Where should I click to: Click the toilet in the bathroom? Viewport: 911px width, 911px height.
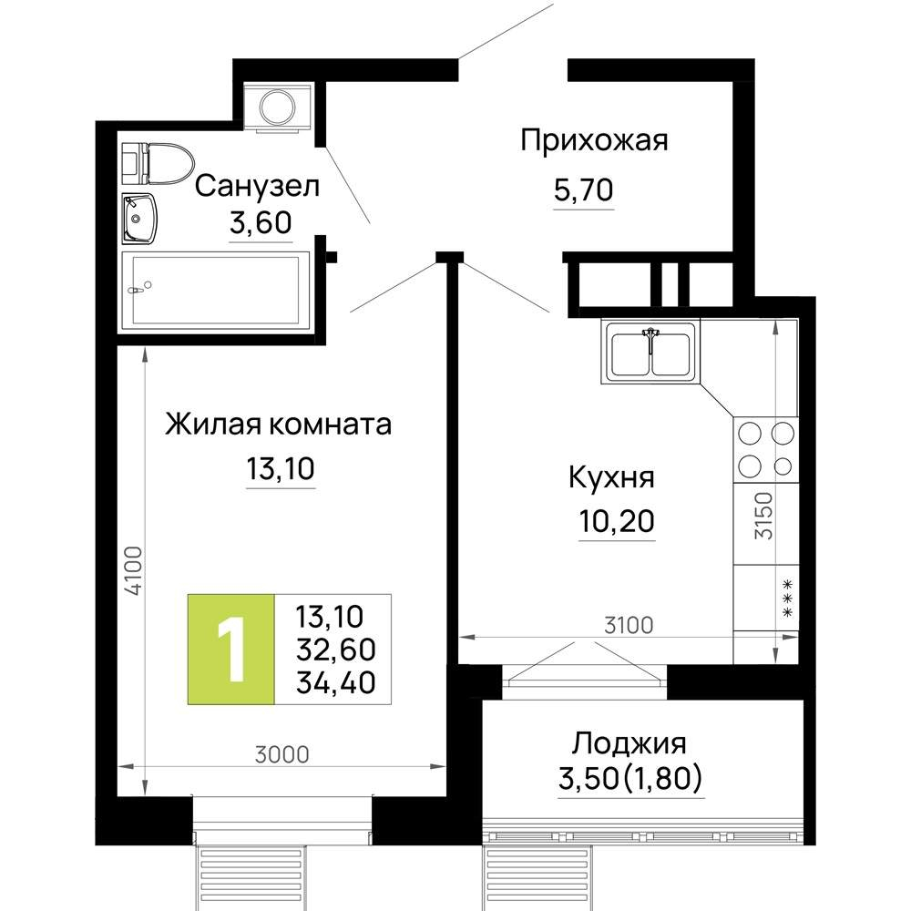click(x=157, y=162)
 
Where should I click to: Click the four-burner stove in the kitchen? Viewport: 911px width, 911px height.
click(x=765, y=448)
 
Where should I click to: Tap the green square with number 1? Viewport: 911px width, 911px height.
click(x=230, y=649)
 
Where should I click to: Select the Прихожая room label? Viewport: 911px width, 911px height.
click(x=594, y=140)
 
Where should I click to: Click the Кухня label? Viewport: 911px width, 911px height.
click(x=611, y=476)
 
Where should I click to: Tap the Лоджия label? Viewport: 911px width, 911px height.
click(x=629, y=743)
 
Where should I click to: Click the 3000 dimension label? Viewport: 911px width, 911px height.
click(x=282, y=753)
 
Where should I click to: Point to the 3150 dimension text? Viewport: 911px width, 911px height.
click(x=763, y=517)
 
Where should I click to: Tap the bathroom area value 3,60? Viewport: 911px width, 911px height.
click(x=261, y=223)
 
